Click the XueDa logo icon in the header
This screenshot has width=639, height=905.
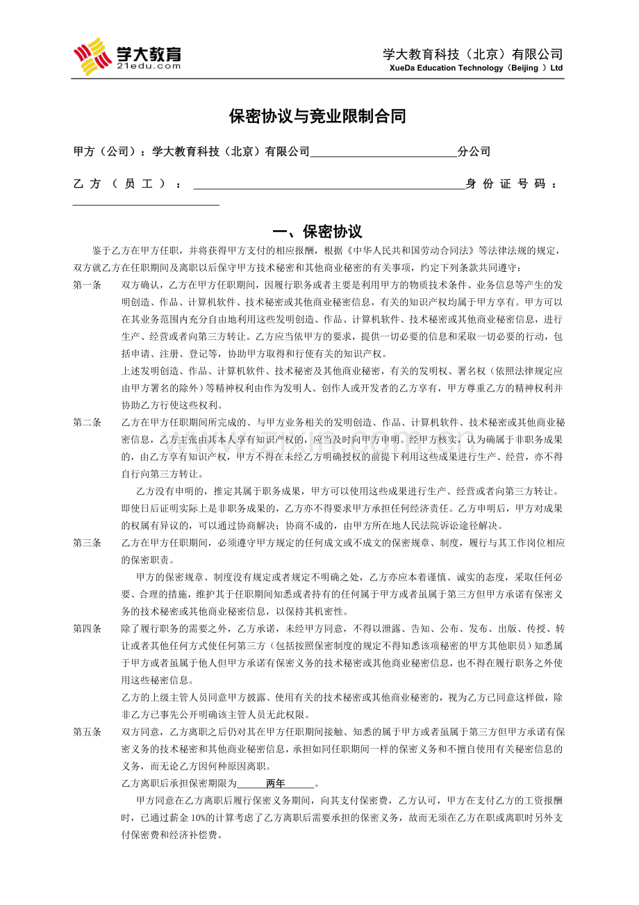93,56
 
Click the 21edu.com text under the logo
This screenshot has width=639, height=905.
149,66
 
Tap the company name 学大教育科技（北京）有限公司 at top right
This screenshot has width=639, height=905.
472,54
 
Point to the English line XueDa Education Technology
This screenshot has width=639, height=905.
476,68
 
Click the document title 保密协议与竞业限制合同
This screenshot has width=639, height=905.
317,117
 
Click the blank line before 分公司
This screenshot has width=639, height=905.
383,152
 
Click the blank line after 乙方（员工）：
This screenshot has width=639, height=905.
329,184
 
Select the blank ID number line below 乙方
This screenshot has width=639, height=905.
146,203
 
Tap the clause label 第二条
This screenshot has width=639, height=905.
88,423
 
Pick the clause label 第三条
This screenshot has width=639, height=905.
88,543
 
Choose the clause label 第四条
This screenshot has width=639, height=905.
88,629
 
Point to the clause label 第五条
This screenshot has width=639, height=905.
88,732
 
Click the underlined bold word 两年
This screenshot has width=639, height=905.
276,784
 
